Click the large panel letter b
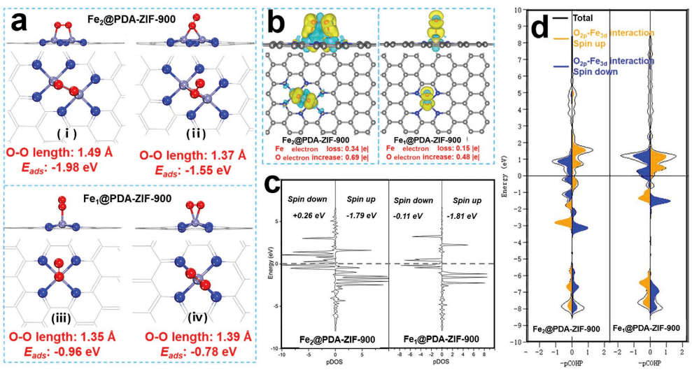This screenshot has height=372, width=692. [274, 22]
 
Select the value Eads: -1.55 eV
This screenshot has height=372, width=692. [185, 169]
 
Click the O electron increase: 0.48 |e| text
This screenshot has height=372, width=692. [427, 157]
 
